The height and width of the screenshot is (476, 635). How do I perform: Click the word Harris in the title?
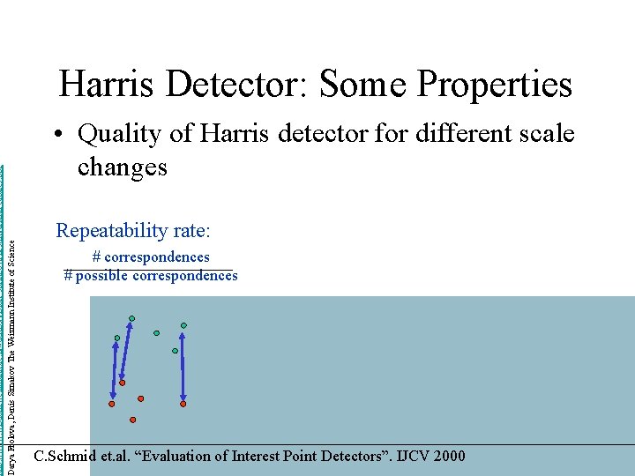pyautogui.click(x=107, y=85)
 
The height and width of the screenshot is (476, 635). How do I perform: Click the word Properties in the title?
pyautogui.click(x=495, y=85)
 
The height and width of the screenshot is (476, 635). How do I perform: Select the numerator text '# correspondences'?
pyautogui.click(x=151, y=257)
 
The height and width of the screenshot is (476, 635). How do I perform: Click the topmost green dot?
pyautogui.click(x=131, y=318)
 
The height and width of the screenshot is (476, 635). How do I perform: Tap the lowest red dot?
pyautogui.click(x=133, y=420)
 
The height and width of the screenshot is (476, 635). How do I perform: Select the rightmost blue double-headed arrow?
pyautogui.click(x=183, y=366)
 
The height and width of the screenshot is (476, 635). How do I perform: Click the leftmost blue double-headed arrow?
pyautogui.click(x=114, y=371)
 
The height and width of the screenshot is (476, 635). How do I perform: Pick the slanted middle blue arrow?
pyautogui.click(x=126, y=351)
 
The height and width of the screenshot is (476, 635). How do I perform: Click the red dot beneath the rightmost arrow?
pyautogui.click(x=183, y=404)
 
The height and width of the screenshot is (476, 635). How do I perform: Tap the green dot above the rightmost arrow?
pyautogui.click(x=183, y=325)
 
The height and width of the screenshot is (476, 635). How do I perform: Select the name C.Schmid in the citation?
pyautogui.click(x=66, y=456)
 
